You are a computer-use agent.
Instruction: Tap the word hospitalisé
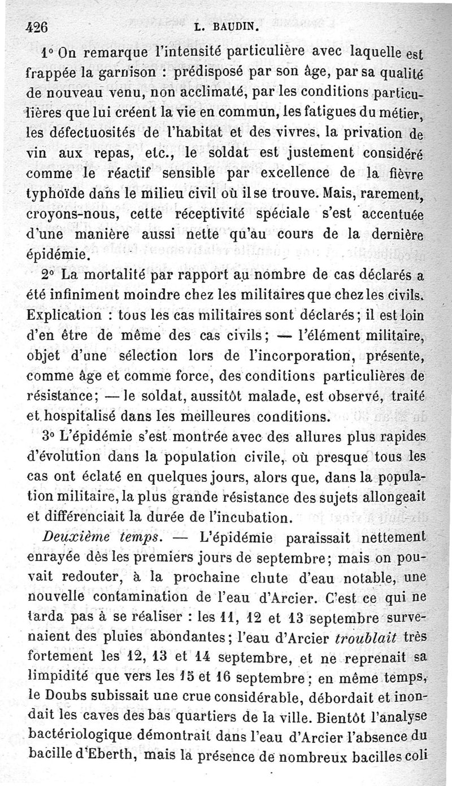[x=82, y=418]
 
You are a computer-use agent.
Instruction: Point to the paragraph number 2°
[x=49, y=276]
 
